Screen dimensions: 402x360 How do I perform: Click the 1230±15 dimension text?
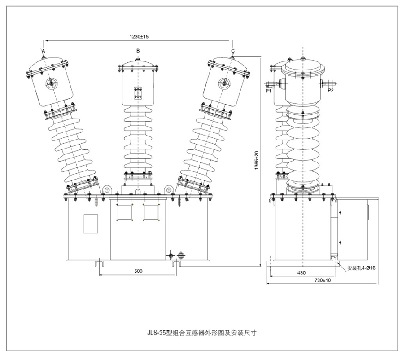(x=139, y=37)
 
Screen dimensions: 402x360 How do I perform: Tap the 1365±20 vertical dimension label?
(x=257, y=160)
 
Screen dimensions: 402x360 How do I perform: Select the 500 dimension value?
(x=138, y=271)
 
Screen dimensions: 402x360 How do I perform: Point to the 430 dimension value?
(x=301, y=272)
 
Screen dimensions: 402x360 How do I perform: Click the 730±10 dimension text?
(x=323, y=280)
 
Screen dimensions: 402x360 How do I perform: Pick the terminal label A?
(x=44, y=51)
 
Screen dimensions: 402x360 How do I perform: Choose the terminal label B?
(x=138, y=51)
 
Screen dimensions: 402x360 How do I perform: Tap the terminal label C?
(x=232, y=51)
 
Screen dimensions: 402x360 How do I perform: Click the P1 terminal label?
(x=268, y=91)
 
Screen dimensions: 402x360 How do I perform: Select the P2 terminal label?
(x=331, y=91)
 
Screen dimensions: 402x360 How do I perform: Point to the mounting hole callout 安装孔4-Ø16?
(x=361, y=268)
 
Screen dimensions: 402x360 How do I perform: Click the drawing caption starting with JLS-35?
(x=202, y=333)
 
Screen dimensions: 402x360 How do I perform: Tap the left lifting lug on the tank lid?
(x=107, y=189)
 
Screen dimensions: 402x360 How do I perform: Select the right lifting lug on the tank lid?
(x=169, y=189)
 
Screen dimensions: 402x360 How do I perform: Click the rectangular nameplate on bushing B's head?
(x=138, y=93)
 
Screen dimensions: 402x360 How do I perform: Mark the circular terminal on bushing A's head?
(x=52, y=83)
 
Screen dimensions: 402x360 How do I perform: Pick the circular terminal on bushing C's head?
(x=224, y=83)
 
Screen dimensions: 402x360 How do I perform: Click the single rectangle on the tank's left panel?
(x=91, y=224)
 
